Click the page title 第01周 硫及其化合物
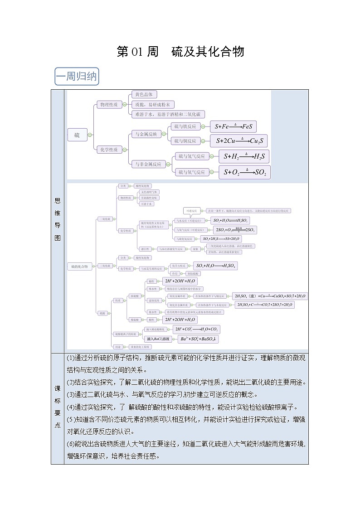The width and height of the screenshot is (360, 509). (180, 52)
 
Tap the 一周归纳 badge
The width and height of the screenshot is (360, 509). (76, 76)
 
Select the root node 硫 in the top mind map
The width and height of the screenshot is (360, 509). (77, 135)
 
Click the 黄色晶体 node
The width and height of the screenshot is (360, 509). (144, 95)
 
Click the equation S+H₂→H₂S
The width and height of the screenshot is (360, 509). (243, 157)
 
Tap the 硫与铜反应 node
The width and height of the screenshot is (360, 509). (185, 141)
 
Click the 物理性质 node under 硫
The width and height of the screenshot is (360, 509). (108, 105)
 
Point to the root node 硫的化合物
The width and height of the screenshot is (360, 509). (80, 266)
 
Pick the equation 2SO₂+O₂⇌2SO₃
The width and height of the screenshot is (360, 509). (235, 230)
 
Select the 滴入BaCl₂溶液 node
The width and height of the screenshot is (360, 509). (158, 339)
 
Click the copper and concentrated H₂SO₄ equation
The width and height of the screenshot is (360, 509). (269, 296)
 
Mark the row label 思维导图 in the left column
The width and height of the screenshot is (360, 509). (58, 219)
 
